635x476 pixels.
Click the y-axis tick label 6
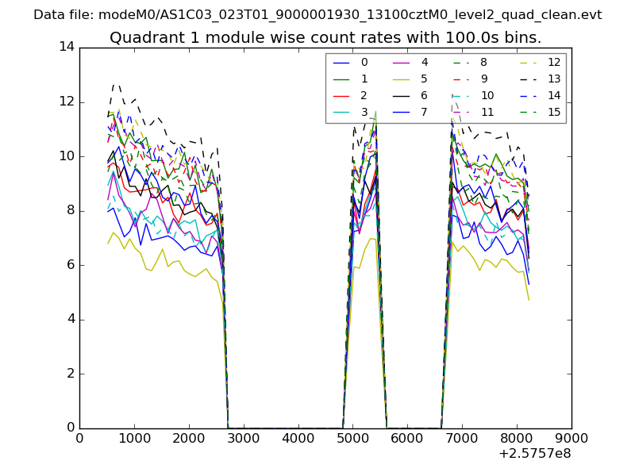click(x=70, y=264)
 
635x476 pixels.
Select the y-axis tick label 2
click(x=70, y=373)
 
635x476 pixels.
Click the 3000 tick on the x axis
click(x=243, y=438)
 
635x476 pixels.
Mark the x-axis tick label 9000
click(x=571, y=438)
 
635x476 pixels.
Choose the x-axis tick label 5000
click(x=352, y=438)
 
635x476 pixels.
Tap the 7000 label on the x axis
click(x=462, y=438)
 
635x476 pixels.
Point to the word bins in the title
click(x=521, y=37)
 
